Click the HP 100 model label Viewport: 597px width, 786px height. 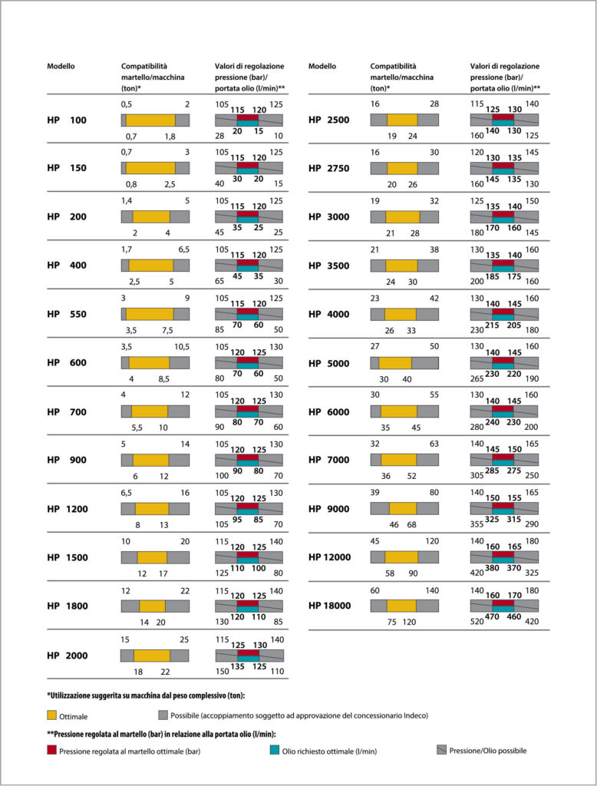coord(67,121)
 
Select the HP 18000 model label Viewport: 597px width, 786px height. coord(329,606)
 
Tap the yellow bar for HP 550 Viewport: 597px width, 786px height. coord(150,314)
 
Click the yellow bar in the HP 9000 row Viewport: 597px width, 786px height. coord(403,508)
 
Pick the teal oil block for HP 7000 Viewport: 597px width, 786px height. coord(503,463)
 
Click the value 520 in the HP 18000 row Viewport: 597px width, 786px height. coord(477,622)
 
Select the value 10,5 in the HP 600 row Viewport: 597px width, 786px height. coord(182,347)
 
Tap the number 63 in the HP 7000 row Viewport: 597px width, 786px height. coord(434,444)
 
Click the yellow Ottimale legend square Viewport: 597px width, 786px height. coord(51,715)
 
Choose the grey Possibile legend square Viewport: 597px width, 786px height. coord(163,715)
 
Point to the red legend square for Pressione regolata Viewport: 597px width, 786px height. coord(51,750)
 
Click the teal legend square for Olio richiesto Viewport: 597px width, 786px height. coord(274,750)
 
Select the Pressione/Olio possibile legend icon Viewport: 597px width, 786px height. coord(441,750)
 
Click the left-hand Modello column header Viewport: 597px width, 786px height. coord(61,66)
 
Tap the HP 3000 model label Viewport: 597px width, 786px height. coord(329,217)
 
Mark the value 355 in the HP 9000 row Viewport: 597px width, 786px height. coord(477,523)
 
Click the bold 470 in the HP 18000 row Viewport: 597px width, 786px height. coord(492,616)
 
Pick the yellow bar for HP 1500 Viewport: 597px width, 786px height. coord(153,557)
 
